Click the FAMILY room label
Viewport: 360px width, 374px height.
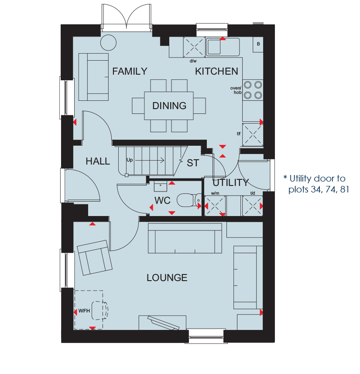point(130,71)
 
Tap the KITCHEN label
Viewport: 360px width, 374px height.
point(216,71)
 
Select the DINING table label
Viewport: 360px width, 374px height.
point(169,106)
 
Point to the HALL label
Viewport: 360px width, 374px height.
point(98,161)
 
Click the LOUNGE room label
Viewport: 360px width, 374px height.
point(167,278)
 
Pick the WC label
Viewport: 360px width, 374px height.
point(162,201)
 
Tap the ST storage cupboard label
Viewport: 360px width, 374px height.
point(193,163)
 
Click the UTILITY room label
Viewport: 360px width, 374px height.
point(231,183)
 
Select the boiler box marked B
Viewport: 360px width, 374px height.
point(258,45)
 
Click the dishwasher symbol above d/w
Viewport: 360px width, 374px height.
point(194,47)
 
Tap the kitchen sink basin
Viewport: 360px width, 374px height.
point(214,47)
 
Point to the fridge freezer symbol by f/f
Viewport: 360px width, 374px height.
point(253,134)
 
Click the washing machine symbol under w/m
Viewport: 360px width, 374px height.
point(215,206)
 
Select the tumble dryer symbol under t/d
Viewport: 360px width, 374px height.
point(253,206)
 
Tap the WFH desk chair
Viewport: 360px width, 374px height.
point(100,311)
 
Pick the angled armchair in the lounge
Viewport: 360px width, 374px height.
point(95,258)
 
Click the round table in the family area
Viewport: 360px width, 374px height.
point(109,43)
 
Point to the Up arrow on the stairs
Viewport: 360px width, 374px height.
point(150,160)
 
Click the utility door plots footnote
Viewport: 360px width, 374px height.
point(316,184)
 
